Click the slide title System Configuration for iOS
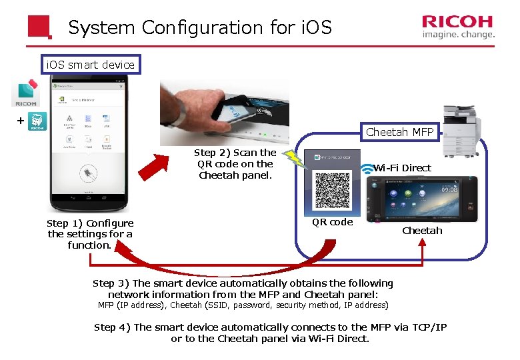coord(200,28)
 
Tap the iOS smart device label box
coord(89,65)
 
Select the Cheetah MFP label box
coord(399,132)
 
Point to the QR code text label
coord(333,222)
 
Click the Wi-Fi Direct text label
coord(403,168)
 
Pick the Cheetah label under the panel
coord(422,231)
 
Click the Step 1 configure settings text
coord(90,234)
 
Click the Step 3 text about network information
coord(243,289)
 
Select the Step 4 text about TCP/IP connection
coord(270,333)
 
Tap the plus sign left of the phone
coord(20,121)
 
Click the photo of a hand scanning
coord(224,112)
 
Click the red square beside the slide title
coord(39,27)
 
